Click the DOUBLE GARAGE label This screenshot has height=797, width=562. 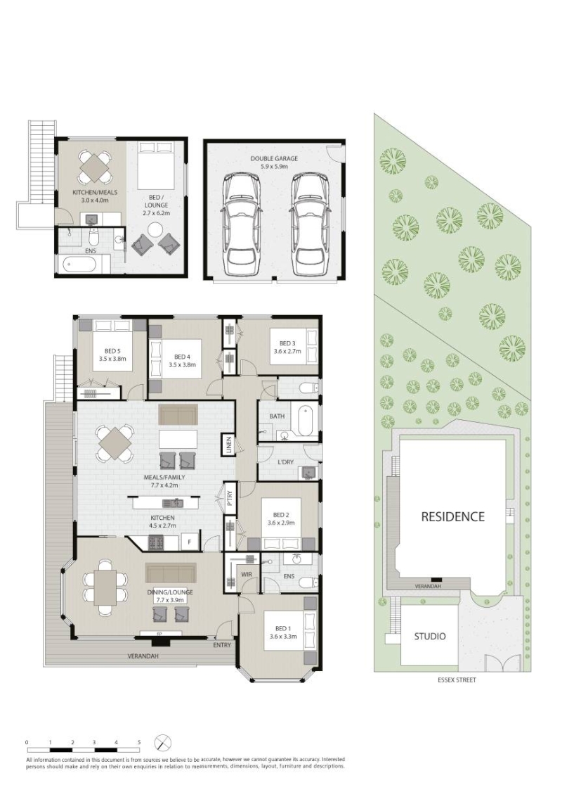[274, 158]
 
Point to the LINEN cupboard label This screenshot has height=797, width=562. [229, 445]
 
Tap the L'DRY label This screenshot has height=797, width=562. [285, 462]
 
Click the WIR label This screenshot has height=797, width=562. [247, 575]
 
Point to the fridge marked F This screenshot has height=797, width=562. [190, 542]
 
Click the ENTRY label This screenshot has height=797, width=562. [222, 645]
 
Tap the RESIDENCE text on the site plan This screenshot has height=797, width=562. [453, 516]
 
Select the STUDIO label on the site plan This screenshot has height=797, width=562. [430, 636]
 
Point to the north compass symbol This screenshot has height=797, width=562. [162, 743]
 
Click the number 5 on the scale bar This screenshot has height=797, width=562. [139, 742]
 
